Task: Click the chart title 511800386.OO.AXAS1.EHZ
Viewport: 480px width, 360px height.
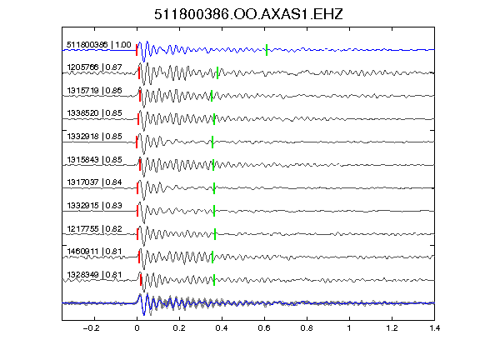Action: pos(248,14)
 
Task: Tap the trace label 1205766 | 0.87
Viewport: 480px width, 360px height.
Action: pos(94,67)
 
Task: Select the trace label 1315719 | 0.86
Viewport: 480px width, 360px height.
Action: pos(94,90)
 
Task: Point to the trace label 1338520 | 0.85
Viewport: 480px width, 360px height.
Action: pos(94,113)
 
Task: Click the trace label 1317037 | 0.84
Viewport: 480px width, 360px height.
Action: pos(94,182)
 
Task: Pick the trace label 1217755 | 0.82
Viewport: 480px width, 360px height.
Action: pos(94,228)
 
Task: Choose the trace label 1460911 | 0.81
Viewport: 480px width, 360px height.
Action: pos(94,252)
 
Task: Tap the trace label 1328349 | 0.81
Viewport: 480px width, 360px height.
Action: pos(94,275)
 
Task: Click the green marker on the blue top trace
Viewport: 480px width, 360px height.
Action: pos(267,50)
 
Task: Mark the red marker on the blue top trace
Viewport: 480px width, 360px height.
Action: pos(137,50)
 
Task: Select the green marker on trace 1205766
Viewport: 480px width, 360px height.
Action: pos(217,72)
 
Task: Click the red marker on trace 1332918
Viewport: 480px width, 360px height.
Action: pos(137,142)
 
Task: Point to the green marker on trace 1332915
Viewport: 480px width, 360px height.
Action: pos(214,211)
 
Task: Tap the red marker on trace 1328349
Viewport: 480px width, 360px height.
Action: pos(141,280)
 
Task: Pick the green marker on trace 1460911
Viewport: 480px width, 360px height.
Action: pos(212,257)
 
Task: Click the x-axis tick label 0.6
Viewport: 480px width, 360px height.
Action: pos(264,328)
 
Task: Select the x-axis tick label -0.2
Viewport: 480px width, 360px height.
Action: pos(92,328)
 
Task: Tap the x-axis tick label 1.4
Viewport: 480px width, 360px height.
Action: pos(435,328)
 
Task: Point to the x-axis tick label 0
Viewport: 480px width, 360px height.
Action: pos(137,328)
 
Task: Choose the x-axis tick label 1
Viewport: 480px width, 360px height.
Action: pos(349,328)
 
